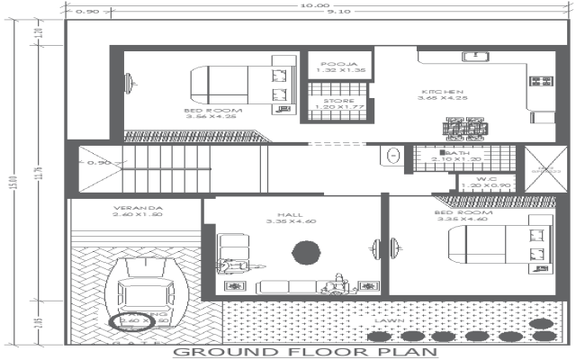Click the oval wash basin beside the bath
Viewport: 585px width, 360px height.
[x=393, y=156]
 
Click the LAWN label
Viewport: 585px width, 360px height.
[x=390, y=319]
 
